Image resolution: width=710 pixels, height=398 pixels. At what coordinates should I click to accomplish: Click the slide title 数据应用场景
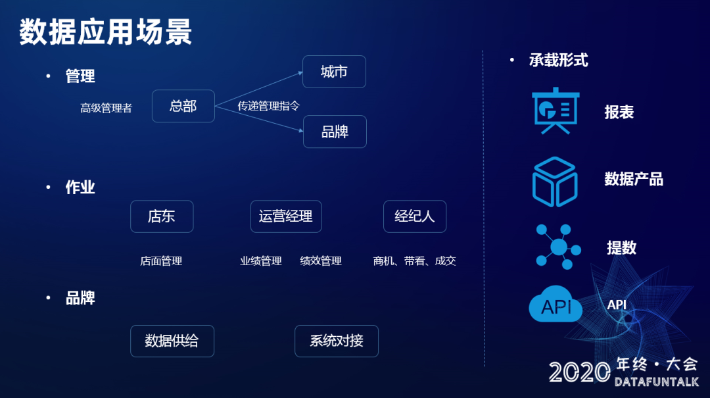tap(105, 32)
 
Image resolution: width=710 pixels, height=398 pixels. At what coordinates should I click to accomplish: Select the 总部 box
tap(183, 106)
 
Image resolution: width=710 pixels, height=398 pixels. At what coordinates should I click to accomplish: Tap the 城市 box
tap(334, 72)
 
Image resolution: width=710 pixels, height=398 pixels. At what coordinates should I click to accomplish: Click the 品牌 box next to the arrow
tap(335, 132)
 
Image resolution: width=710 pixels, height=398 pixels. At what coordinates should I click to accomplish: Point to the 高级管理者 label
tap(106, 108)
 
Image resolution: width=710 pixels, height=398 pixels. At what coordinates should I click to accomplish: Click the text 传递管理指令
tap(269, 106)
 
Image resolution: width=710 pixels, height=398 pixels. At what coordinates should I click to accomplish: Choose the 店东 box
tap(162, 216)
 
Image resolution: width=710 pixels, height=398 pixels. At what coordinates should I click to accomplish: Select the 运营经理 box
tap(286, 216)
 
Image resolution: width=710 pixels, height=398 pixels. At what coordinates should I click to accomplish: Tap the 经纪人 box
tap(415, 216)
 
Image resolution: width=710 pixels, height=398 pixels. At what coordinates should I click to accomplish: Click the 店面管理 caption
tap(161, 261)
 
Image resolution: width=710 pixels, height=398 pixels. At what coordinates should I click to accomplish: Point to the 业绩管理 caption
tap(261, 261)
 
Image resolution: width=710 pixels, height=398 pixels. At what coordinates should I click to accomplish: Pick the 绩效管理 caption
tap(321, 261)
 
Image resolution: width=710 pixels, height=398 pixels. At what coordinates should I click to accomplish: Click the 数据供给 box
tap(172, 341)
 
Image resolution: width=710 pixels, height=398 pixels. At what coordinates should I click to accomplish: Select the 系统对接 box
tap(337, 341)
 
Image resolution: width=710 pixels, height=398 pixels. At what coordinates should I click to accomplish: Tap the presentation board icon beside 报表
tap(555, 111)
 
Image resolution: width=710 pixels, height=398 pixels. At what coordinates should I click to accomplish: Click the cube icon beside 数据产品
tap(555, 180)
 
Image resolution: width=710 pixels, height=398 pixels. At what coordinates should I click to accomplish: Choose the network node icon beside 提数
tap(557, 247)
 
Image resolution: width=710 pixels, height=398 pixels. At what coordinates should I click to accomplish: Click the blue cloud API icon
tap(556, 305)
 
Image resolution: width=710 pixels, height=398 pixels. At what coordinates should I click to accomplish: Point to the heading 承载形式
tap(558, 61)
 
